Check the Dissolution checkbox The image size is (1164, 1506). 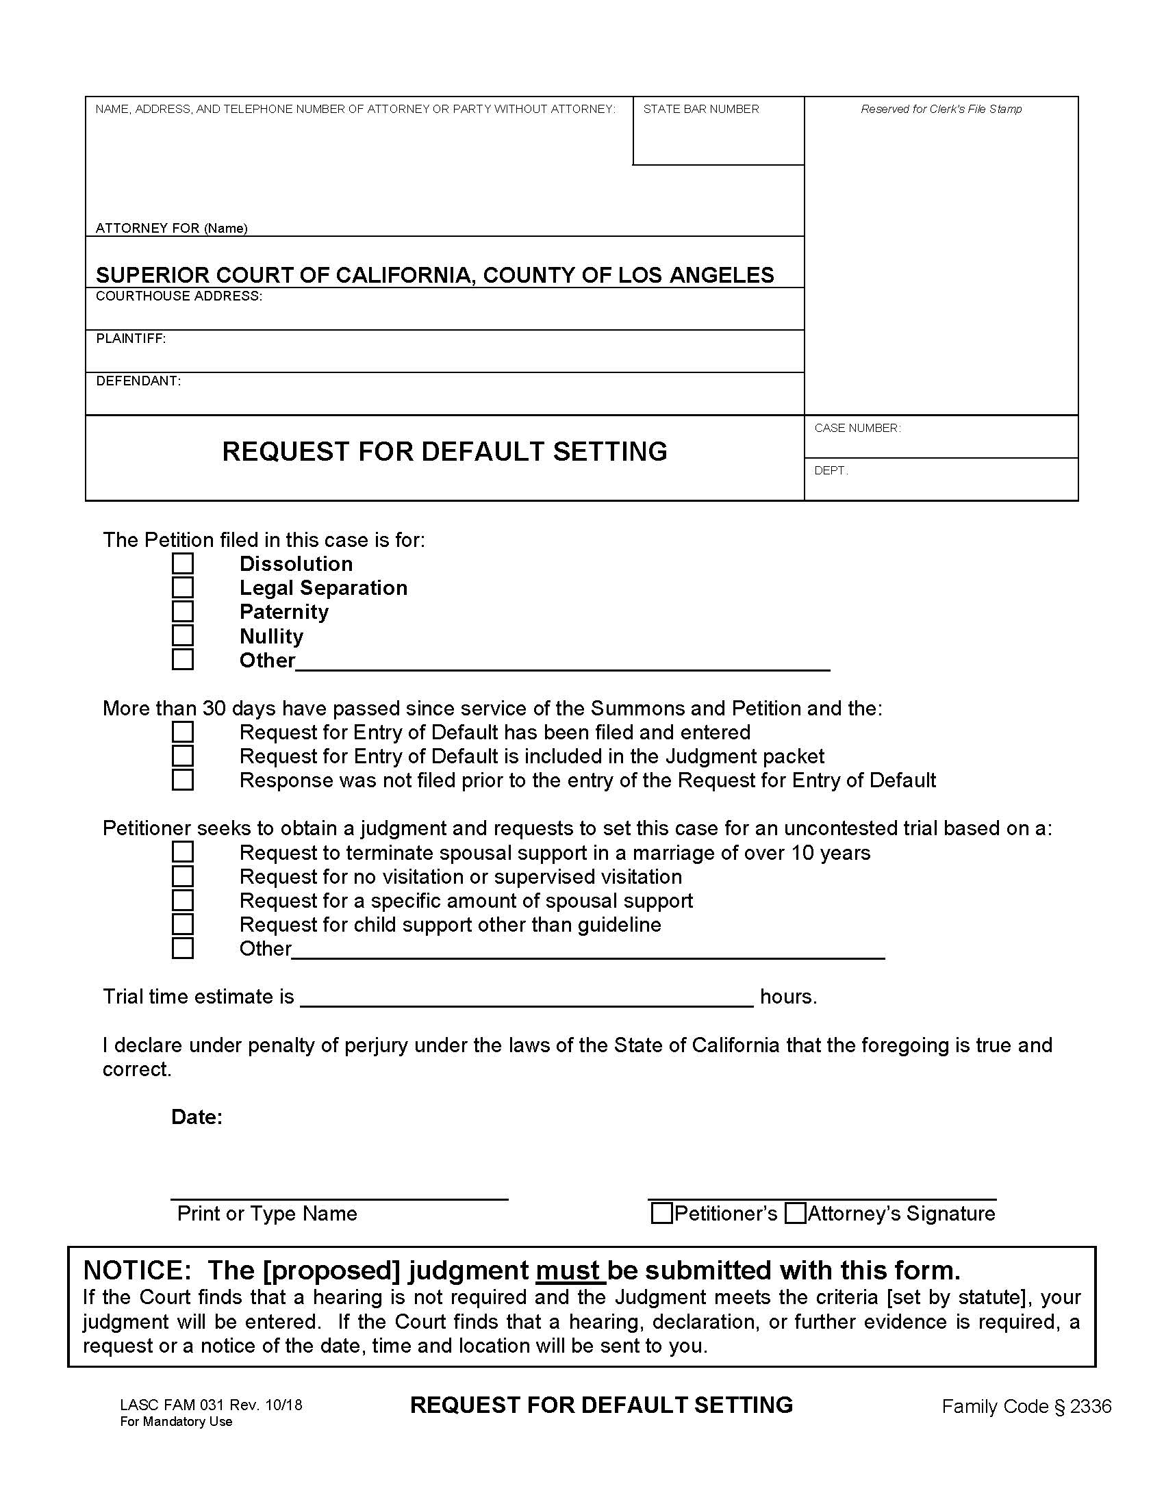pyautogui.click(x=183, y=563)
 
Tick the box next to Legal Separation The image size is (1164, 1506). pyautogui.click(x=183, y=587)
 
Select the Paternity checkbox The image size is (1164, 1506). pyautogui.click(x=183, y=611)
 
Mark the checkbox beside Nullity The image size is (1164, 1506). pyautogui.click(x=183, y=635)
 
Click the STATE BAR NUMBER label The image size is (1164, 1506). pyautogui.click(x=700, y=109)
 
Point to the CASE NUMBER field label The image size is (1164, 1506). pyautogui.click(x=857, y=429)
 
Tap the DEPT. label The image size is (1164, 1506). pyautogui.click(x=831, y=470)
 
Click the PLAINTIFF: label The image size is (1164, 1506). pyautogui.click(x=131, y=339)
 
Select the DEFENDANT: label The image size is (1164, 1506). pyautogui.click(x=138, y=381)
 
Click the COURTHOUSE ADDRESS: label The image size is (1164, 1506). pyautogui.click(x=179, y=296)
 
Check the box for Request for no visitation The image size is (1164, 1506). pyautogui.click(x=183, y=876)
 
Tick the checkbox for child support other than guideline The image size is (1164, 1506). pyautogui.click(x=183, y=924)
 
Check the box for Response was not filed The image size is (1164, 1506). pyautogui.click(x=183, y=780)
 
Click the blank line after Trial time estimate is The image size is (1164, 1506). pyautogui.click(x=527, y=997)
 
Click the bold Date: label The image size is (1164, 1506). pyautogui.click(x=197, y=1117)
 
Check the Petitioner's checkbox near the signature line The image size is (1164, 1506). pyautogui.click(x=662, y=1213)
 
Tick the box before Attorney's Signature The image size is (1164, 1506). pyautogui.click(x=796, y=1213)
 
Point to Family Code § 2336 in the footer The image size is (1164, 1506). pyautogui.click(x=1026, y=1407)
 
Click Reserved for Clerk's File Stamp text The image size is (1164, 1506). pyautogui.click(x=941, y=109)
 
